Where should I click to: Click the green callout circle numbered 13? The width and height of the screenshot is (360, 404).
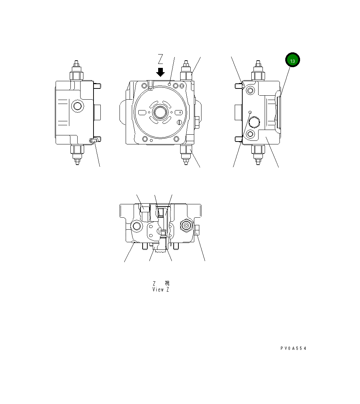[x=292, y=61]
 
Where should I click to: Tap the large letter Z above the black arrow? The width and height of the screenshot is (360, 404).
[x=161, y=59]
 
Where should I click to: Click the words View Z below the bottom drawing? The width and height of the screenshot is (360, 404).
[x=161, y=290]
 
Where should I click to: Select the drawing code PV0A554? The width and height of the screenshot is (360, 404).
[x=293, y=348]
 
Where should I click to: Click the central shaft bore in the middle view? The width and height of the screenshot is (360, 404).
[x=160, y=113]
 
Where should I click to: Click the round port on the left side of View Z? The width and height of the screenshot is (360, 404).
[x=137, y=226]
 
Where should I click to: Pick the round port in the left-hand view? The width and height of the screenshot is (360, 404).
[x=77, y=106]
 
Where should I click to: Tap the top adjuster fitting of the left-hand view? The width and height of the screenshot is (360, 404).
[x=76, y=71]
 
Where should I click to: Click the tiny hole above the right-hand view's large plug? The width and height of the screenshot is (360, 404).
[x=250, y=113]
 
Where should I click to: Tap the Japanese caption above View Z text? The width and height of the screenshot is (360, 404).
[x=161, y=283]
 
